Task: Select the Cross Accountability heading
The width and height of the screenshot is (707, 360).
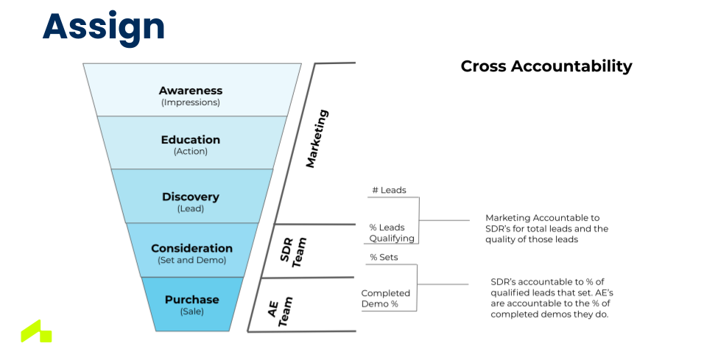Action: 546,66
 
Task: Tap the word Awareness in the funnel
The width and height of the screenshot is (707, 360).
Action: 190,91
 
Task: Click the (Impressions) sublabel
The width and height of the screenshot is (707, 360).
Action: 190,102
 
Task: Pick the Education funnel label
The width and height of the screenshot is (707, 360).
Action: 190,140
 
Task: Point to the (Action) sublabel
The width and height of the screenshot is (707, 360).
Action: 190,152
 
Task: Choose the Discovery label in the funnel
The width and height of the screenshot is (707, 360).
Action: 190,197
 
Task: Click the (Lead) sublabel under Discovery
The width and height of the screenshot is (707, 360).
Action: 190,208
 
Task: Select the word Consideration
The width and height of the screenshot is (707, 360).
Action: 191,248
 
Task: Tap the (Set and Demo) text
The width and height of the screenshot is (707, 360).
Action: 191,260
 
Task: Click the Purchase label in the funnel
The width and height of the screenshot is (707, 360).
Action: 191,300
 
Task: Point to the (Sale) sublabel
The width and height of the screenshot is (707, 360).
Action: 191,311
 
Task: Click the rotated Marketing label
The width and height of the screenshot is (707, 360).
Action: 317,138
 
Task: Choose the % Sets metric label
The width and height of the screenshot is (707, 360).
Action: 384,257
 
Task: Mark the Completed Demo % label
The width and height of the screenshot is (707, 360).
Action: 385,298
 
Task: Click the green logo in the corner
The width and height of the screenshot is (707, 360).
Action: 36,332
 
